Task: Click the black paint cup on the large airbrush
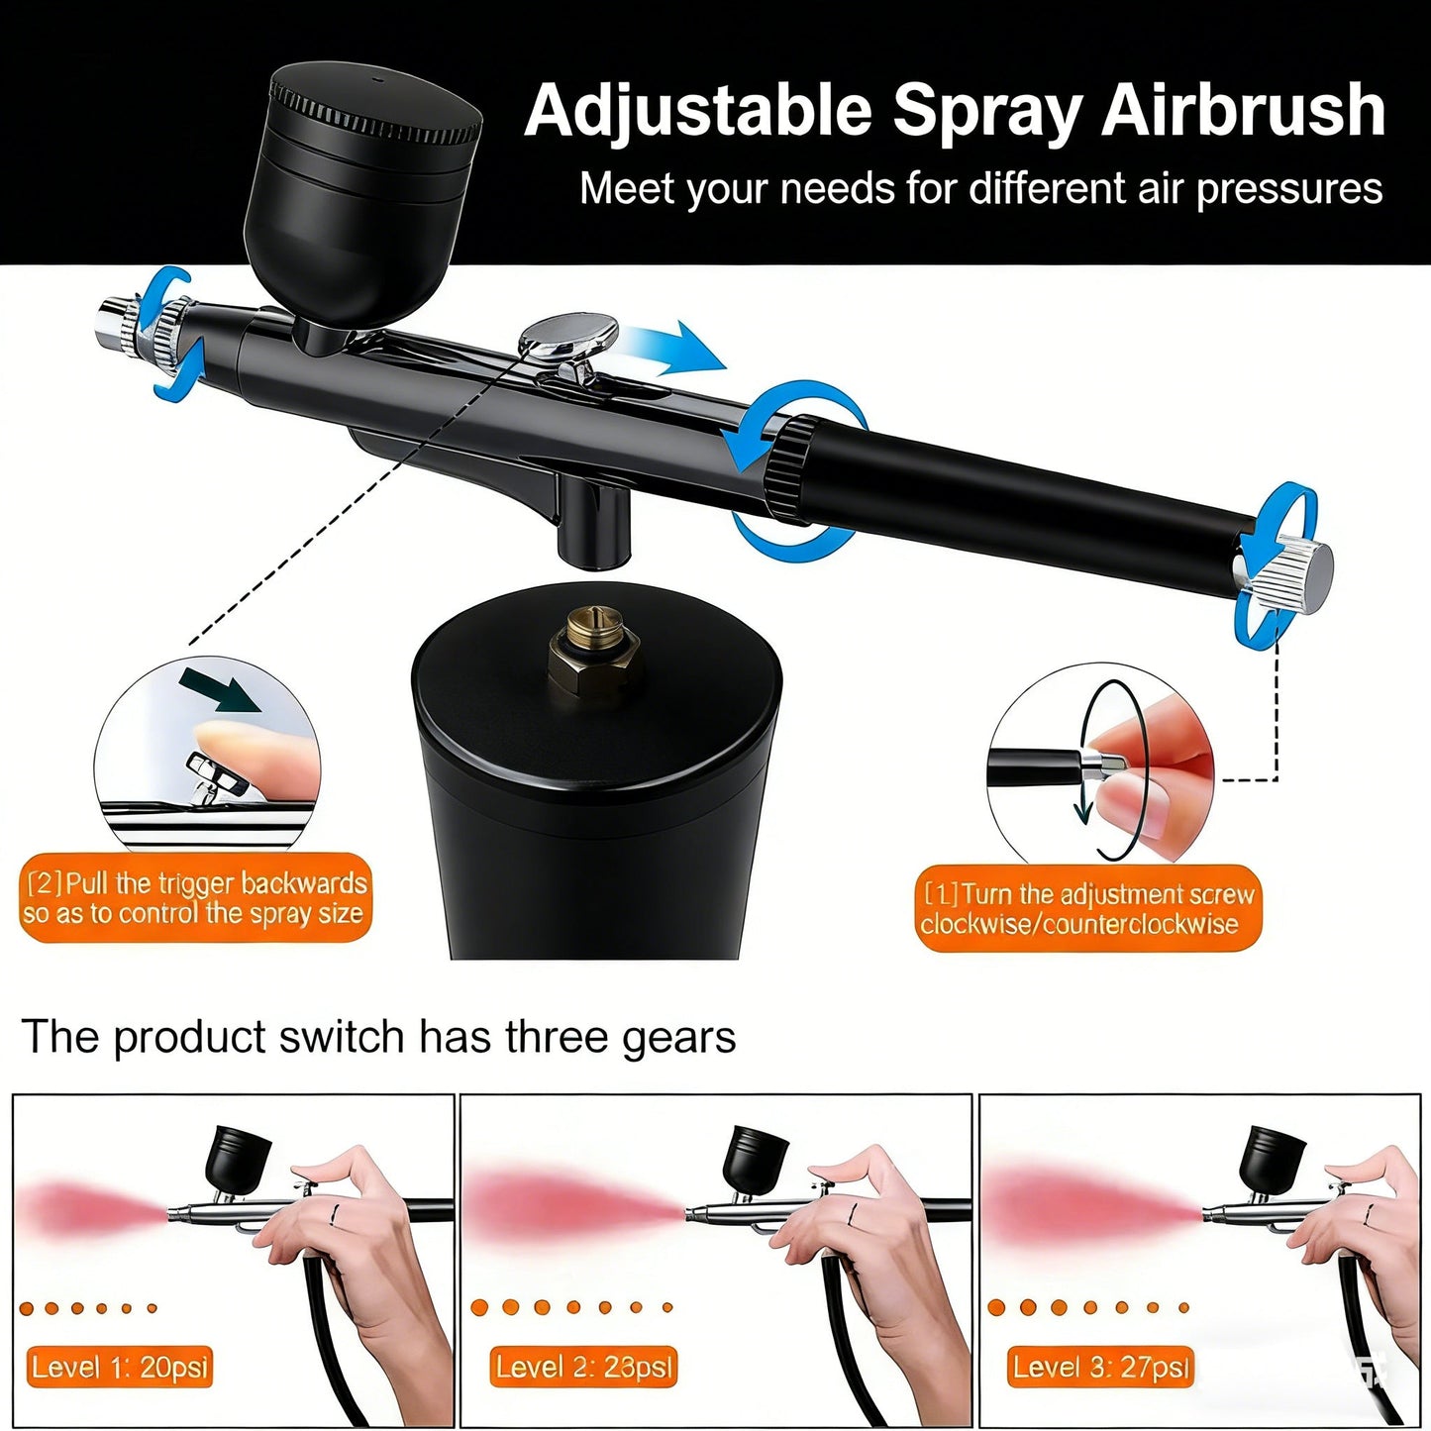362,198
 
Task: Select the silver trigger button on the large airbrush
567,335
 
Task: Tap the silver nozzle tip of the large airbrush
117,325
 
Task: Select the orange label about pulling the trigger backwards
194,897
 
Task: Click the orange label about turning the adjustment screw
1088,909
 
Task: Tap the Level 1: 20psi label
120,1368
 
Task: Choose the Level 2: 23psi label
583,1368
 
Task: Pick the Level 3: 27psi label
1100,1368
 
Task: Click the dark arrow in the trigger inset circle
220,690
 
